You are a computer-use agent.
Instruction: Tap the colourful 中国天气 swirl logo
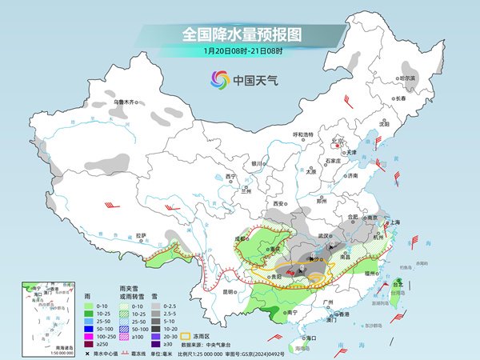click(220, 79)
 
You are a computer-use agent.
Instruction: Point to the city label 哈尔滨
click(407, 78)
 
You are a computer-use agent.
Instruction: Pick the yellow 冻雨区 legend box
click(188, 336)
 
